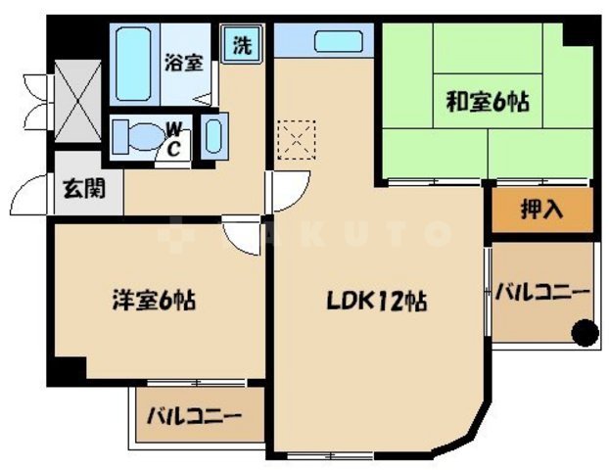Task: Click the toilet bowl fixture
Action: (x=138, y=134)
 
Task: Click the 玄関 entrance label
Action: (x=83, y=189)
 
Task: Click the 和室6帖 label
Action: (x=488, y=100)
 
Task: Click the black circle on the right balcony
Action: (x=584, y=333)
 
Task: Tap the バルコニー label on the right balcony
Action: (x=541, y=292)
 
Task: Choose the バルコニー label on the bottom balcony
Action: (x=194, y=416)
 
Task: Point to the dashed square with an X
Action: (x=294, y=137)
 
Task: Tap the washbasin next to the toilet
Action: (x=215, y=134)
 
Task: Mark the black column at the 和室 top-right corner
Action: (x=582, y=32)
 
